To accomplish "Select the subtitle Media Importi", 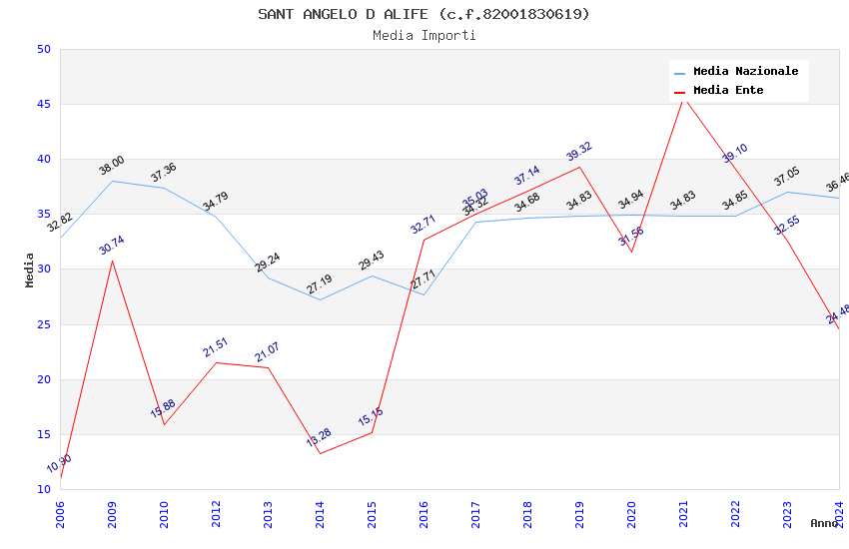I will click(x=424, y=35).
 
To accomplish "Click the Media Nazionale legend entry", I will click(x=745, y=71).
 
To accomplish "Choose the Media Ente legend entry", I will click(x=728, y=90).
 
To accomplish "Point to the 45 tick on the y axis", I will click(x=43, y=104).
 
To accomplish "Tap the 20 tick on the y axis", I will click(x=43, y=379).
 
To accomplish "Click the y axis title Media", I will click(x=30, y=270).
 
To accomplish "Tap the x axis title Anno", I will click(x=824, y=523).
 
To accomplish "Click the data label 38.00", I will click(x=112, y=166).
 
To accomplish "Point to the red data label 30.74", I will click(x=112, y=246).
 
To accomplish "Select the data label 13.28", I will click(x=320, y=437).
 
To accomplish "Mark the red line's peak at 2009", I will click(x=112, y=261).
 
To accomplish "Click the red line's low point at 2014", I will click(x=320, y=453).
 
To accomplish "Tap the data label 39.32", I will click(x=579, y=152).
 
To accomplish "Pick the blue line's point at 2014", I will click(x=320, y=299).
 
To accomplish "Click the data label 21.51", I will click(x=216, y=347).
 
